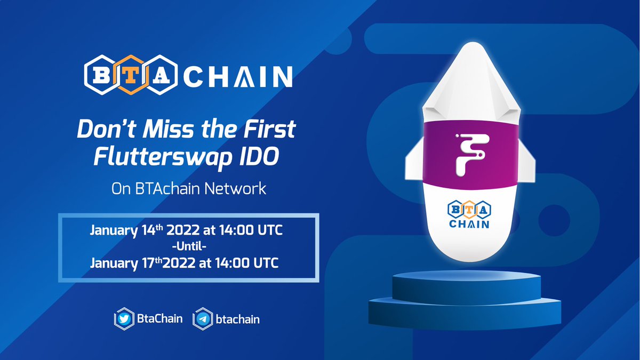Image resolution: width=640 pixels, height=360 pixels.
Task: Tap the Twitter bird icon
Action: click(123, 319)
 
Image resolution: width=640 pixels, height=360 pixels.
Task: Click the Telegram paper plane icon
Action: click(202, 319)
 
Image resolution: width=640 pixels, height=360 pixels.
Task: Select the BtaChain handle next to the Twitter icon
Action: click(159, 319)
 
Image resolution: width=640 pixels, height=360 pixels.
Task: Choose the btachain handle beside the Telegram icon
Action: click(238, 319)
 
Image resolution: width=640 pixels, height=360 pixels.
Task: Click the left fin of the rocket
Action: click(419, 163)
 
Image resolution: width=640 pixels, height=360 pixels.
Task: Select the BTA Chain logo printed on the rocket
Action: click(468, 215)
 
